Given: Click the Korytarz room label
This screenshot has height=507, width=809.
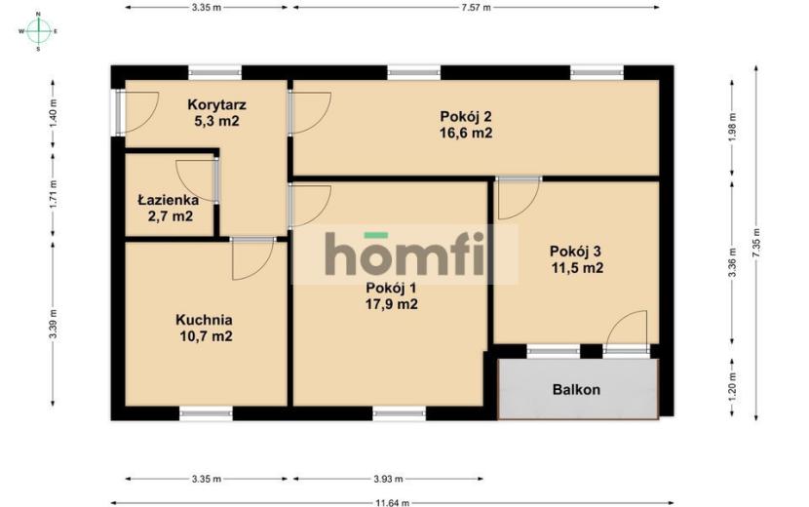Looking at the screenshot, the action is (216, 104).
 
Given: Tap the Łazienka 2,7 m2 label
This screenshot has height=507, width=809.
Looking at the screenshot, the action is (169, 208).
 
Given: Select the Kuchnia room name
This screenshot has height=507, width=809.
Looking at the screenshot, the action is (204, 320).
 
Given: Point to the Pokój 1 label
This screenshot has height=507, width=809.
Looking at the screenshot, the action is (391, 288).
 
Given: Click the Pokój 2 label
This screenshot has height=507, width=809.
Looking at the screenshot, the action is (465, 116).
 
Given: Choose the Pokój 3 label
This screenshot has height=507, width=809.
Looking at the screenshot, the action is (575, 252).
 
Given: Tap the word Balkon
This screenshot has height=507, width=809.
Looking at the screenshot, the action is (576, 389).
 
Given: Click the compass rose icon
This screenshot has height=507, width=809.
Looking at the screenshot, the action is (38, 31).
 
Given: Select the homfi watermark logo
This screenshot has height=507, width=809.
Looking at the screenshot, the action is (405, 254).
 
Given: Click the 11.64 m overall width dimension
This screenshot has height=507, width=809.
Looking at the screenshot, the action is (392, 502).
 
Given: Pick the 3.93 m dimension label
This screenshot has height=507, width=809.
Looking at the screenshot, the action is (388, 479).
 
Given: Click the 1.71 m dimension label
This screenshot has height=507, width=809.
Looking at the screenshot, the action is (54, 195).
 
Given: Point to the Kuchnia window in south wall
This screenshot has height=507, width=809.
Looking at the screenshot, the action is (206, 413).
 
